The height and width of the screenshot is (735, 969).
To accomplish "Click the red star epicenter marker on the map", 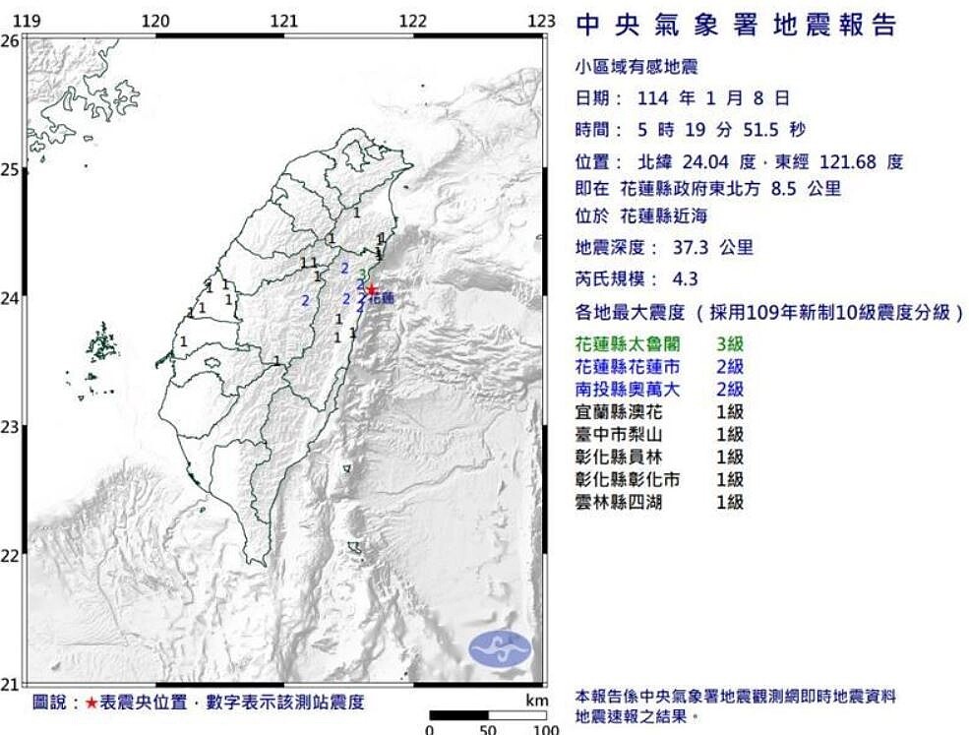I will coord(371,289).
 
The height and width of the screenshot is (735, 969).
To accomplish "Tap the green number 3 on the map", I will coord(365,274).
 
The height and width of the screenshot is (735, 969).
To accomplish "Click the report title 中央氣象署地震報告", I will coord(736,25).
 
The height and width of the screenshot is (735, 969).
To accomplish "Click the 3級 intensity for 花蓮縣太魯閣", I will coord(730,344).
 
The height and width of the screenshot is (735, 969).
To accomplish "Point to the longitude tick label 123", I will coord(541,21).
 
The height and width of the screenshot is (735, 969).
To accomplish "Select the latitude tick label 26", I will coord(11,40).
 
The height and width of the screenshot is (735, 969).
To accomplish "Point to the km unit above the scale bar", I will coord(535,701).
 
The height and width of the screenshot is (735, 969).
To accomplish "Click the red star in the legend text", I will coord(91,703).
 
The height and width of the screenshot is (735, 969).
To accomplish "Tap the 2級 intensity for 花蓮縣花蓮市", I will coord(730,367).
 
